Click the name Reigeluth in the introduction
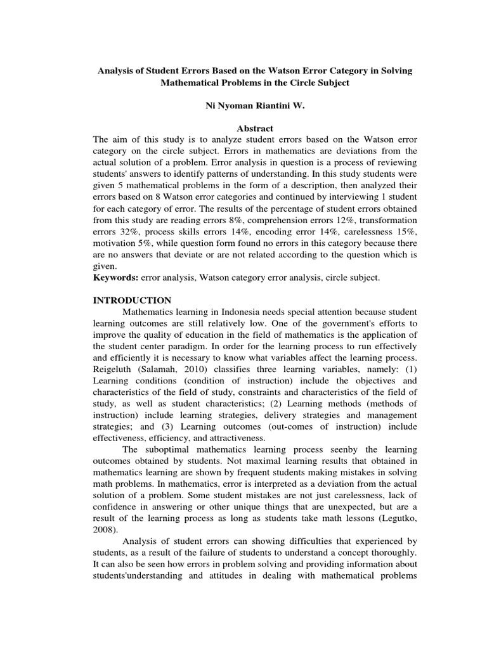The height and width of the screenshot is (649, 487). (x=114, y=369)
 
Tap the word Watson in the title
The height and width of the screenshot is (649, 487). (x=278, y=71)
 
